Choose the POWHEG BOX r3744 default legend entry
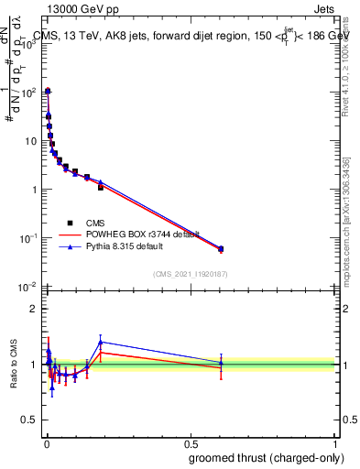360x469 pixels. (123, 234)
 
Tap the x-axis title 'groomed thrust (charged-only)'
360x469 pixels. (267, 457)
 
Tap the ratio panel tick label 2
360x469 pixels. (34, 309)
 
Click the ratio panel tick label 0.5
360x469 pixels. (30, 421)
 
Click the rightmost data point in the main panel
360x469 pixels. (220, 249)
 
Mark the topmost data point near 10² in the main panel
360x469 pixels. (48, 92)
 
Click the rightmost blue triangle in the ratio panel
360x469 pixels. (220, 363)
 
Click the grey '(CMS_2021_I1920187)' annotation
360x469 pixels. (189, 274)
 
